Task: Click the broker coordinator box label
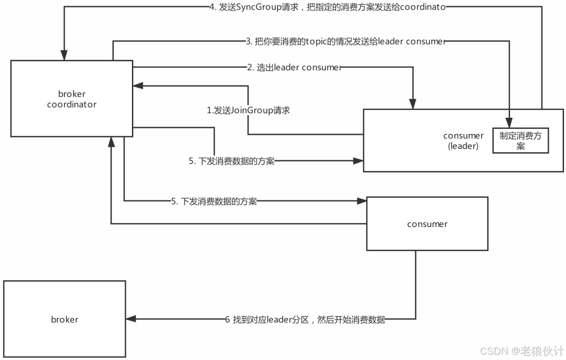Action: (72, 99)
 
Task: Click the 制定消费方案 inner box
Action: (520, 141)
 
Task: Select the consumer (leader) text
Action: (463, 141)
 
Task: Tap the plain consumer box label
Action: (427, 224)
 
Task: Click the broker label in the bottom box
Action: (64, 319)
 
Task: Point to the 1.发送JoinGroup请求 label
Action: (248, 111)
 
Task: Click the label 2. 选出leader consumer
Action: (295, 67)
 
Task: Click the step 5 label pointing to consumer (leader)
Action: (232, 161)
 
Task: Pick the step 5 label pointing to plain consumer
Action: (214, 202)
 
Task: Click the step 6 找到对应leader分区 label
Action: (305, 320)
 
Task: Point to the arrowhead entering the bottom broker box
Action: (130, 319)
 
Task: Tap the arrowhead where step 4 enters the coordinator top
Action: (63, 56)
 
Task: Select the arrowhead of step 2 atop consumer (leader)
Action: (413, 105)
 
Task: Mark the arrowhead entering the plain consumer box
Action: (362, 201)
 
